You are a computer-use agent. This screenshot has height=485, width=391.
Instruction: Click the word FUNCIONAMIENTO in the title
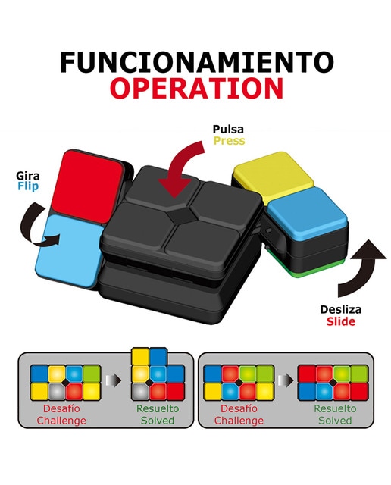(x=197, y=62)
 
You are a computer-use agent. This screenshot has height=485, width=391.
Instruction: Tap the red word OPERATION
(x=197, y=88)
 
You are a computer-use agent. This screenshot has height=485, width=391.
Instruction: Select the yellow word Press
(x=229, y=141)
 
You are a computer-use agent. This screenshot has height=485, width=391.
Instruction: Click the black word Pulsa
(x=228, y=129)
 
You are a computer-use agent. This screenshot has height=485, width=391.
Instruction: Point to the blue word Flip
(x=28, y=186)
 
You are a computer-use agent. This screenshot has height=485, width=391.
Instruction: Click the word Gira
(x=28, y=176)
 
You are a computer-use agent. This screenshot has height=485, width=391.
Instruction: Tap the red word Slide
(x=341, y=321)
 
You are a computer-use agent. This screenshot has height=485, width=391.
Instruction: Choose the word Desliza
(x=340, y=309)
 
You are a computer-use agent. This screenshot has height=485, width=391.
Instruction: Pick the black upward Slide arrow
(x=361, y=266)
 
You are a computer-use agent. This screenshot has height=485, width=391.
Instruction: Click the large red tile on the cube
(x=87, y=183)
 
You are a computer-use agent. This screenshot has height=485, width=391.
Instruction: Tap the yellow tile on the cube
(x=274, y=175)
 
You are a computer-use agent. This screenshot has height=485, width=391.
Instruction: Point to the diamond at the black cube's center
(x=182, y=214)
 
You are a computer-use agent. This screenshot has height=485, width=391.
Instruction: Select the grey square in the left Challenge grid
(x=57, y=391)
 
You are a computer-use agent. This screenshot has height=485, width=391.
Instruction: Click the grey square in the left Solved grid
(x=140, y=391)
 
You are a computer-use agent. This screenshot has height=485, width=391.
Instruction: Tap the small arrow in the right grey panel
(x=285, y=380)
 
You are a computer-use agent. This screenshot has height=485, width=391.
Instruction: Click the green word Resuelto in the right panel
(x=335, y=408)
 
